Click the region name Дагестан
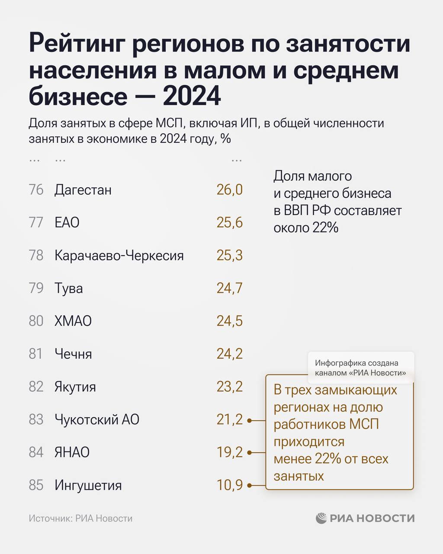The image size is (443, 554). point(83,190)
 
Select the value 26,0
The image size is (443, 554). point(230,190)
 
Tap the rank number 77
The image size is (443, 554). point(36,222)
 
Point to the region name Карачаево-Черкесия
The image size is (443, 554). point(119,255)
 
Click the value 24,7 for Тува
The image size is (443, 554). point(230,288)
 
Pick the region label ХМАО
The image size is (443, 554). point(73,321)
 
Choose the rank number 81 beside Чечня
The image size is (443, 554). point(36,354)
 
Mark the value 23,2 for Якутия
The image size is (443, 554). point(230,387)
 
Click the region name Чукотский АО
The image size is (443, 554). point(97,419)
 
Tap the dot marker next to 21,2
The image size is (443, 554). point(250,420)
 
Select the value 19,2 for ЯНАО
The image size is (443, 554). point(230,452)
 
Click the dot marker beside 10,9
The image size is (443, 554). point(250,486)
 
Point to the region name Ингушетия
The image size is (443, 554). point(88,485)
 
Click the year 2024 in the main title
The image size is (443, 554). point(192,96)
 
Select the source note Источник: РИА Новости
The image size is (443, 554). point(80,519)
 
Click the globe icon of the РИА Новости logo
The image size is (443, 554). point(321,518)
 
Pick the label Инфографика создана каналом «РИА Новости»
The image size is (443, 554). point(360,368)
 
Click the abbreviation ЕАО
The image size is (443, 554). point(67,222)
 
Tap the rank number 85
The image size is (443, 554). point(36,485)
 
